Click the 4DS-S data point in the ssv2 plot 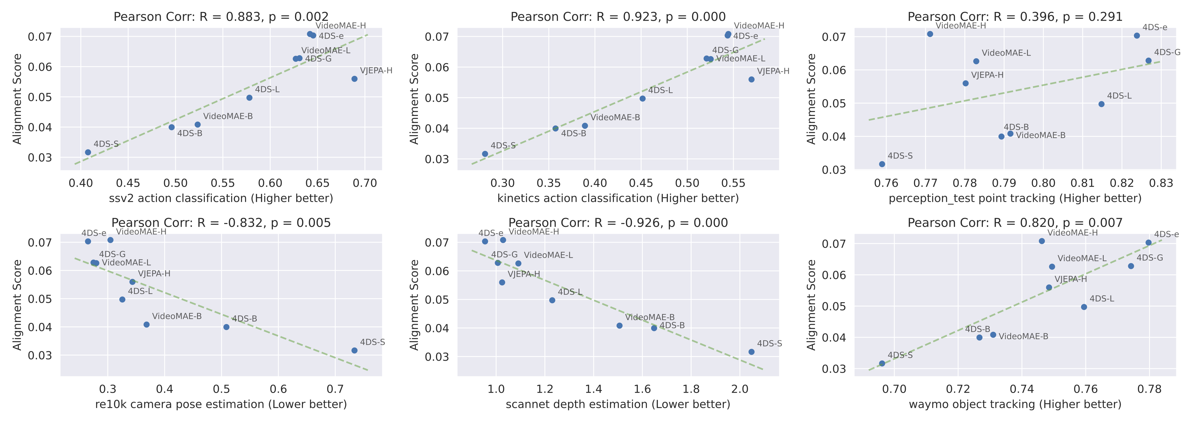[x=88, y=152]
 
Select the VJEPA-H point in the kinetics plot [x=751, y=80]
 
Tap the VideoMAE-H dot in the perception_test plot [x=930, y=34]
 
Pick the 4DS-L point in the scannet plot [x=552, y=300]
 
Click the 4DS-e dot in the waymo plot [x=1149, y=243]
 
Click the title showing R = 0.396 [x=1015, y=17]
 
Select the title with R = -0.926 [x=618, y=223]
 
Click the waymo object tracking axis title [x=1015, y=404]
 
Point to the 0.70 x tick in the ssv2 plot [x=365, y=183]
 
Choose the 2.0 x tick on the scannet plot [x=740, y=389]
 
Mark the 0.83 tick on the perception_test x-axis [x=1161, y=183]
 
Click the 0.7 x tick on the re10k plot [x=335, y=389]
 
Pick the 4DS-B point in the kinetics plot [x=555, y=128]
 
